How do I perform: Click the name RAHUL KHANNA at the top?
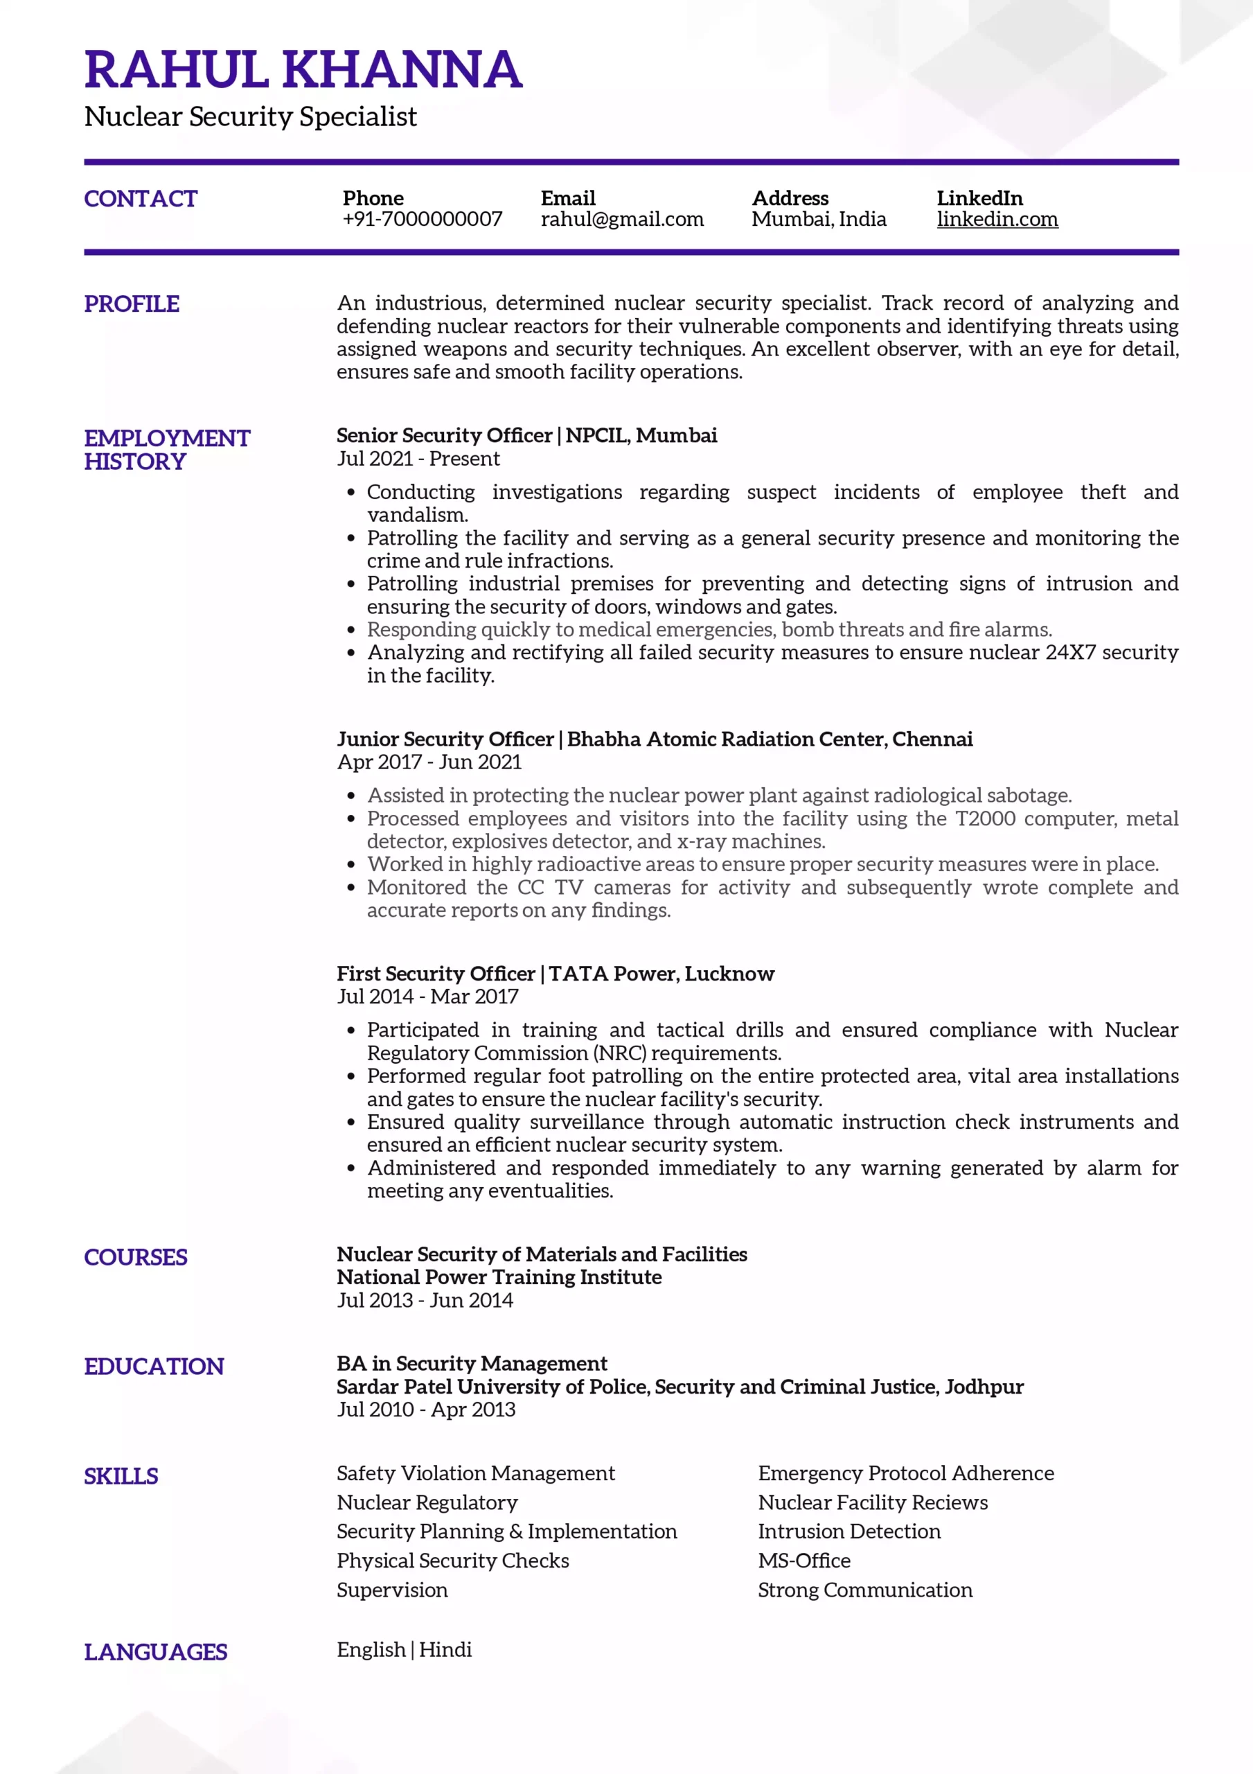303,69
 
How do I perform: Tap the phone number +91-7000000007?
422,220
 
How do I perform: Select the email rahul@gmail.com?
622,220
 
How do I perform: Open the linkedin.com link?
997,220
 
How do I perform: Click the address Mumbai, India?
818,220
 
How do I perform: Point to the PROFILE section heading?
132,304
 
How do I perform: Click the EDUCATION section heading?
154,1366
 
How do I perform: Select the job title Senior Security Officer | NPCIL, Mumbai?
526,435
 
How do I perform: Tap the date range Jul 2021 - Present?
418,459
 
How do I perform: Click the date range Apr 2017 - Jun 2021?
429,762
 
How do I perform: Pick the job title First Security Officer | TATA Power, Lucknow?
555,974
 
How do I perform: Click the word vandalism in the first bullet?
416,516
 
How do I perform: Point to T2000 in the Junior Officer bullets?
985,818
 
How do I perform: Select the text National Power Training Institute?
499,1277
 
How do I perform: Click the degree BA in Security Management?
471,1363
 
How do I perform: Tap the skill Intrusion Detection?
849,1531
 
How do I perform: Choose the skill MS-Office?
803,1561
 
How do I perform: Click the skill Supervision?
391,1590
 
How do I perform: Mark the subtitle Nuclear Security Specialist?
250,116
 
